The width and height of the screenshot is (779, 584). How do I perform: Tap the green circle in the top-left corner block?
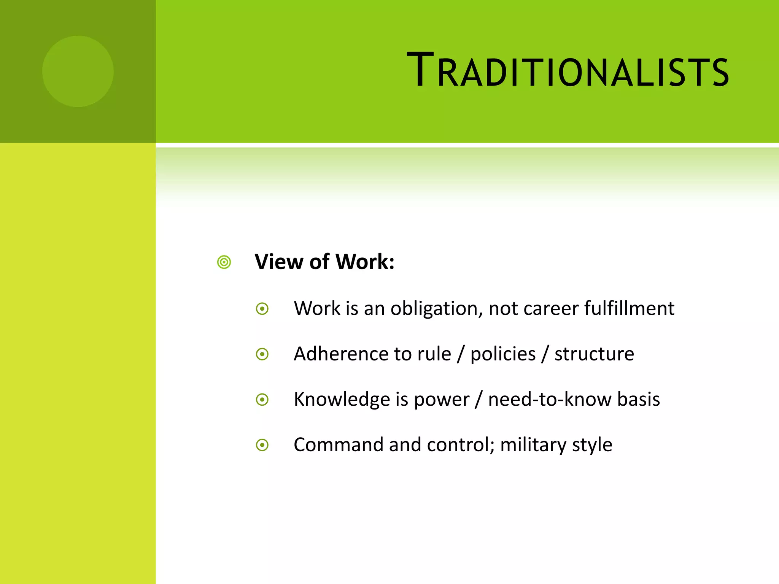[78, 71]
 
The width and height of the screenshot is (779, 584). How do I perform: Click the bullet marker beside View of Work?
[224, 262]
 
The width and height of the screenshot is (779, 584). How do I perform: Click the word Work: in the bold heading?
[365, 262]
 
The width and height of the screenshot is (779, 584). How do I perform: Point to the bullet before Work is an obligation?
[262, 309]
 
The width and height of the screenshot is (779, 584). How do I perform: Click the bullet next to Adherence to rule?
[262, 354]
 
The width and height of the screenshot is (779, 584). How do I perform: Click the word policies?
[503, 354]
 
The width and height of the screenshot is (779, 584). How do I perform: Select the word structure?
[594, 354]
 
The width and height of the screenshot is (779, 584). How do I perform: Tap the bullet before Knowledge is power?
[262, 400]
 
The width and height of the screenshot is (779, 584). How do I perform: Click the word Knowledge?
[342, 400]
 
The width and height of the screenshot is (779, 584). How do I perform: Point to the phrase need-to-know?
[550, 400]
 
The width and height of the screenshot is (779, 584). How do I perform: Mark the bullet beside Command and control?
[262, 445]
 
